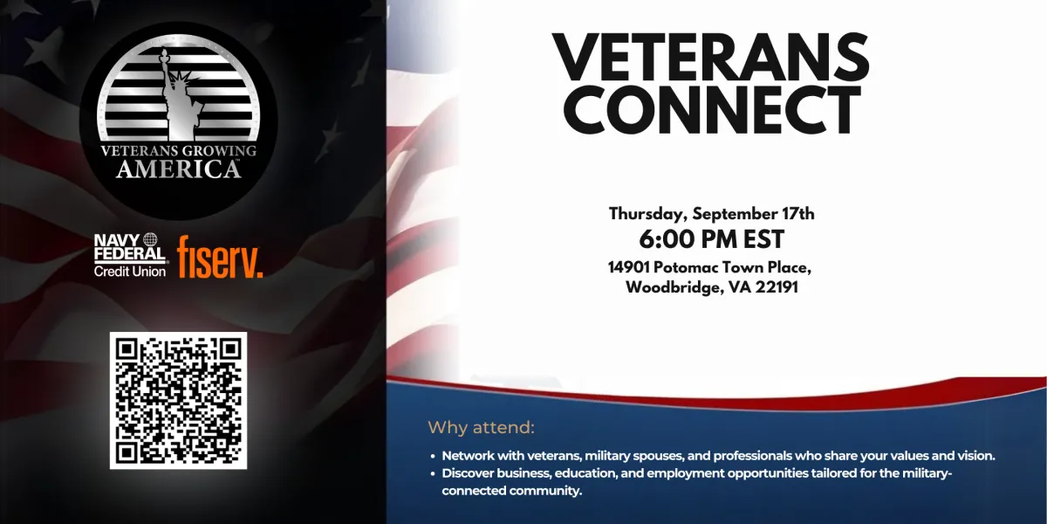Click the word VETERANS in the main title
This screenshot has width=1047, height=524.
point(710,57)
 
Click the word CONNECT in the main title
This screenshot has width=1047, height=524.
point(712,109)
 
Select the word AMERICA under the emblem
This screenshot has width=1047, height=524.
point(178,169)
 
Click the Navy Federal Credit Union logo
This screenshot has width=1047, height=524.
point(130,255)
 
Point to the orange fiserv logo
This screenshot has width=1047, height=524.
point(220,257)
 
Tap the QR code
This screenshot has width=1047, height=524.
point(178,401)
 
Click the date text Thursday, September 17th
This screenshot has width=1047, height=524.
point(711,214)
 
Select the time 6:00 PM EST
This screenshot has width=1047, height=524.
point(711,239)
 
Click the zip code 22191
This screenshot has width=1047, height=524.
point(777,286)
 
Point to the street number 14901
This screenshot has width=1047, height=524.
point(629,267)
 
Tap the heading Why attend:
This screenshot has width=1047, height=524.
point(481,427)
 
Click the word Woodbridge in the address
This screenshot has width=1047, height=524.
point(672,287)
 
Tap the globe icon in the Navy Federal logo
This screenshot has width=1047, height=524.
point(150,239)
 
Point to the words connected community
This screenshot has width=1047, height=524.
point(511,491)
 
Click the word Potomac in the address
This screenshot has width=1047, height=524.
point(686,267)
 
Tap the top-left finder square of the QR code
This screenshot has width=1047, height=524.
point(127,349)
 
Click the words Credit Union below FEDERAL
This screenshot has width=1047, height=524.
point(129,272)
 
